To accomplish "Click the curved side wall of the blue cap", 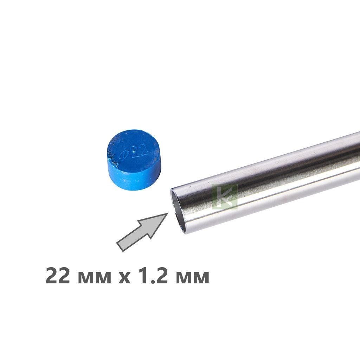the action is click(135, 178).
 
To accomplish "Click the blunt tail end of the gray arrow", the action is click(120, 246).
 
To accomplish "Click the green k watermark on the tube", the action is click(224, 197).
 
